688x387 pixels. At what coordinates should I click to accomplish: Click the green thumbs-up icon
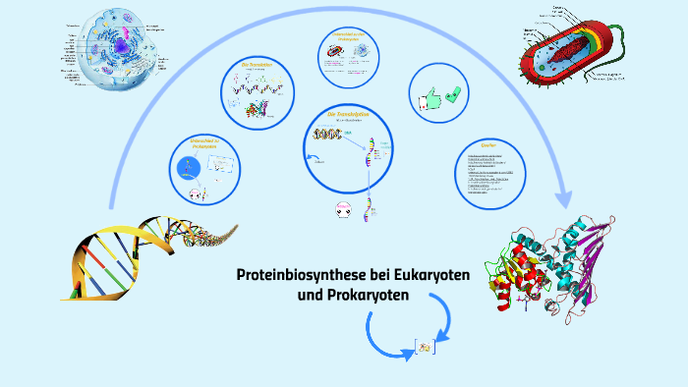click(428, 97)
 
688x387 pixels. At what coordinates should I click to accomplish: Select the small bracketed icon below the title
click(425, 347)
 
